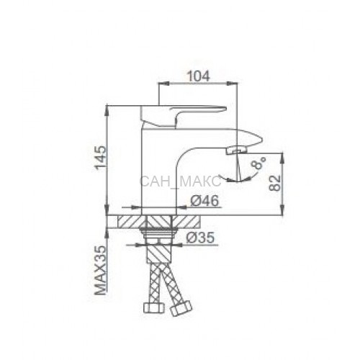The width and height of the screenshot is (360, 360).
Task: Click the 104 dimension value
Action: pyautogui.click(x=198, y=76)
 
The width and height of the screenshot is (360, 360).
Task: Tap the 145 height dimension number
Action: pyautogui.click(x=100, y=158)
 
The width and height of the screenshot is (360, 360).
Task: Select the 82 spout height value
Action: pyautogui.click(x=275, y=183)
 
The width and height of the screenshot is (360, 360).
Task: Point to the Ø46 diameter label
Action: pyautogui.click(x=204, y=201)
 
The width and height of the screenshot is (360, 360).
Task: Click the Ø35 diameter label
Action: pyautogui.click(x=199, y=238)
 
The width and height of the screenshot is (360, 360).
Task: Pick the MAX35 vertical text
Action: pyautogui.click(x=100, y=270)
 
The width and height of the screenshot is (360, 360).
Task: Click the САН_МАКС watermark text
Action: pyautogui.click(x=180, y=181)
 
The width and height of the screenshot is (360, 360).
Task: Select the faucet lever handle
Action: pyautogui.click(x=184, y=116)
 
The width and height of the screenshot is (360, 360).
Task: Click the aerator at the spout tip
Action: pyautogui.click(x=236, y=150)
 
